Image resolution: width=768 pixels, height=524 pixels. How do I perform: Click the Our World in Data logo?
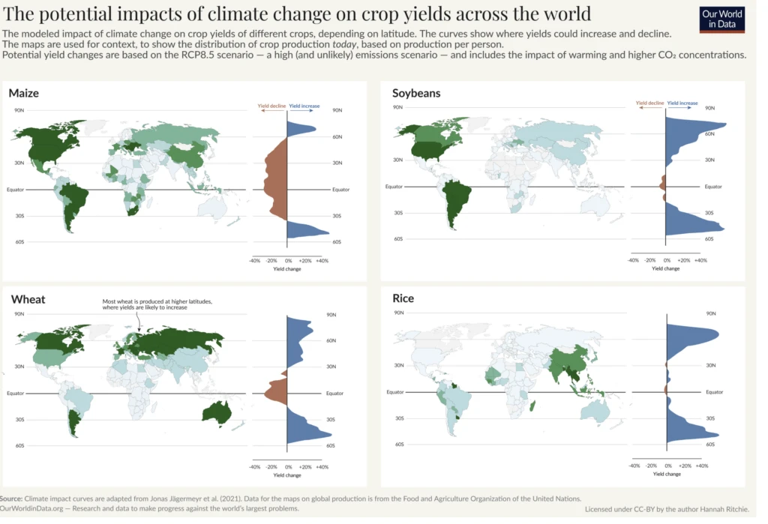[724, 19]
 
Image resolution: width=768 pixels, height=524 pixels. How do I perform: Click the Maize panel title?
[24, 93]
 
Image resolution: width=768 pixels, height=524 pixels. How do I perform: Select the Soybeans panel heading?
[416, 93]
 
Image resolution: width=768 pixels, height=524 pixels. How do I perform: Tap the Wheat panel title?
[28, 299]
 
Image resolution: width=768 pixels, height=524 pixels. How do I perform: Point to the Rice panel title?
[403, 298]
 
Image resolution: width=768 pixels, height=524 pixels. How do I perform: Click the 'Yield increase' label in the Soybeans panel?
[682, 103]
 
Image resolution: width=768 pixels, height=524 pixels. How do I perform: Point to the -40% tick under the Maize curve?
[254, 260]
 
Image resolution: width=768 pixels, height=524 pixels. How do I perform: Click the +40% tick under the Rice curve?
[702, 466]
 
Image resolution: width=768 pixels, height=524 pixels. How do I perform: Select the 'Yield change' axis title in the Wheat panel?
[287, 475]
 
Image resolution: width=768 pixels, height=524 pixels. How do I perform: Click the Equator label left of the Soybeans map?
[394, 186]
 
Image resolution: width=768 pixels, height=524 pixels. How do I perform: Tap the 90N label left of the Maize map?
[19, 110]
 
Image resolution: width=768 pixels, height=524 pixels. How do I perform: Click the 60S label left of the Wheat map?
[19, 445]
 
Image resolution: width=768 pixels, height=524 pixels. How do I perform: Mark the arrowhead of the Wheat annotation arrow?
[138, 328]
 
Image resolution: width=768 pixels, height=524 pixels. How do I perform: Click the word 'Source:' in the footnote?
[11, 499]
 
